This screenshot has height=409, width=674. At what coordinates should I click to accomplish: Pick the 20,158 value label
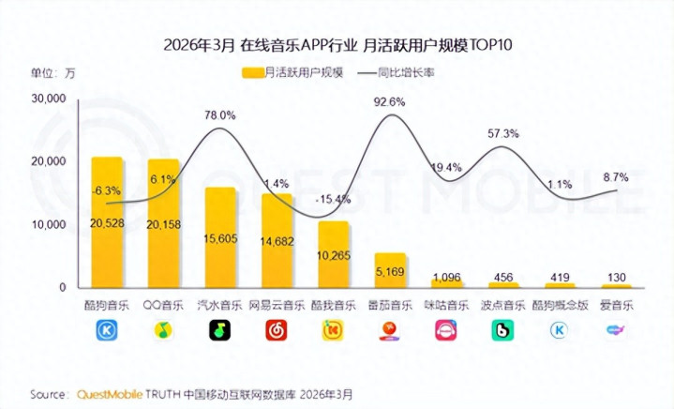pyautogui.click(x=163, y=222)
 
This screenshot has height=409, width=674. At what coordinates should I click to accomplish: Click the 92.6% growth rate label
pyautogui.click(x=389, y=101)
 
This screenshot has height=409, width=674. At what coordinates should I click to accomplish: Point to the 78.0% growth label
pyautogui.click(x=220, y=115)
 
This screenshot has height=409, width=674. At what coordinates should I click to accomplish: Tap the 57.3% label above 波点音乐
pyautogui.click(x=503, y=133)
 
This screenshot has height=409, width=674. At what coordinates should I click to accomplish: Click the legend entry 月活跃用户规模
pyautogui.click(x=291, y=71)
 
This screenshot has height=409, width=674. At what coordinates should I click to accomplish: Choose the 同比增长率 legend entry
pyautogui.click(x=403, y=71)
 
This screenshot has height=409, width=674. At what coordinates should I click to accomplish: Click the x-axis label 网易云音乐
pyautogui.click(x=277, y=305)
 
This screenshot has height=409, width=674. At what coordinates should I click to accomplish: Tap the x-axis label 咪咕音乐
pyautogui.click(x=446, y=305)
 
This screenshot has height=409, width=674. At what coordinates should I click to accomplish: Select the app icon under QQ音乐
pyautogui.click(x=163, y=330)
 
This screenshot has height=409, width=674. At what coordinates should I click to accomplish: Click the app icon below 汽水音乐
pyautogui.click(x=220, y=330)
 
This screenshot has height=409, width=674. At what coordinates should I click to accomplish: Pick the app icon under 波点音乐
pyautogui.click(x=503, y=330)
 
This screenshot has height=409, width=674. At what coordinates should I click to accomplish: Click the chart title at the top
pyautogui.click(x=337, y=45)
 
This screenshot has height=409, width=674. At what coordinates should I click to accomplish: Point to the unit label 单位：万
pyautogui.click(x=52, y=71)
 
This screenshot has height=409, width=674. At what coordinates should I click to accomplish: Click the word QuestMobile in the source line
pyautogui.click(x=111, y=392)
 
